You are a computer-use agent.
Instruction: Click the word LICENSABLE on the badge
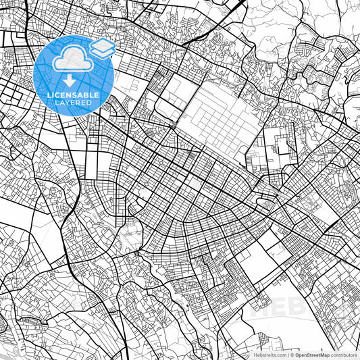[x=72, y=95]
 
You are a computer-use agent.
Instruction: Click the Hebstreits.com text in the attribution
[x=268, y=355]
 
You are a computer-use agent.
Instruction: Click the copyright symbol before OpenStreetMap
[x=292, y=355]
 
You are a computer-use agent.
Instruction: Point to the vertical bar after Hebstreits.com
[x=287, y=355]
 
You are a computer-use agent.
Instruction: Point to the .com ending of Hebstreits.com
[x=280, y=355]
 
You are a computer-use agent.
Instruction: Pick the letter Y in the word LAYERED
[x=69, y=103]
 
